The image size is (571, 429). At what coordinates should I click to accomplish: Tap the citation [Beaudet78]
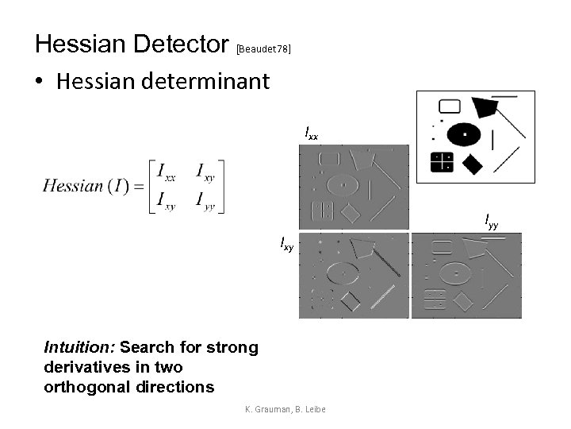[264, 49]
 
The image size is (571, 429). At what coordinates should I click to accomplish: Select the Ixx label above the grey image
[312, 133]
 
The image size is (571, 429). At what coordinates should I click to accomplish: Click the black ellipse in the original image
[464, 133]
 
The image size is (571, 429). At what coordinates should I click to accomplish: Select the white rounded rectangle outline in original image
[450, 106]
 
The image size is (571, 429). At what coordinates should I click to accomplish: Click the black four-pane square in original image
[441, 162]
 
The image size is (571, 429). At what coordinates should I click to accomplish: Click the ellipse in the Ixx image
[343, 184]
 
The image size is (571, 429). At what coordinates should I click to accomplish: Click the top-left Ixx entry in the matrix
[167, 170]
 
